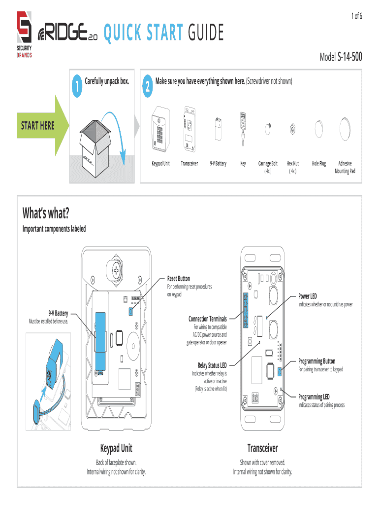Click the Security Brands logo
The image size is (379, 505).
[24, 35]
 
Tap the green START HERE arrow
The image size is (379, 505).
[42, 125]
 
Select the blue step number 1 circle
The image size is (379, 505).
[77, 86]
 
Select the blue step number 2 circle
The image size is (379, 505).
[148, 86]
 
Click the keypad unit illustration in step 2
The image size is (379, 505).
[161, 129]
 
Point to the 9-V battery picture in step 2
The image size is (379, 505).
[218, 129]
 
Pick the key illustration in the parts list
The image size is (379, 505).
[243, 129]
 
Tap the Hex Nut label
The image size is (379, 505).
[292, 163]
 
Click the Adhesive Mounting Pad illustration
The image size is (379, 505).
[345, 129]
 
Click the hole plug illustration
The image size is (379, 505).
[318, 129]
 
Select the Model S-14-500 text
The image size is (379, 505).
[341, 57]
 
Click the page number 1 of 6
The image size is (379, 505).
[356, 16]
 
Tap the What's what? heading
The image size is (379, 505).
[46, 213]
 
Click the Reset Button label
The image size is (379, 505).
[178, 279]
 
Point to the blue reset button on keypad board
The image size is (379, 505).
[131, 311]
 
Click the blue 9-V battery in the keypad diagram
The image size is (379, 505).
[100, 341]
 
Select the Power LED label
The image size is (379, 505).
[307, 296]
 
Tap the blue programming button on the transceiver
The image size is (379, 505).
[280, 372]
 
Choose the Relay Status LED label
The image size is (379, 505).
[212, 365]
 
